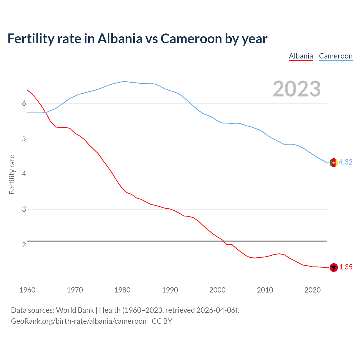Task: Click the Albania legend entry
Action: click(x=301, y=56)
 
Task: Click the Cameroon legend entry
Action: click(x=336, y=56)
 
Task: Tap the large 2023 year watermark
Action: click(x=296, y=89)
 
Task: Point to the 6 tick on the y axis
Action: click(x=24, y=103)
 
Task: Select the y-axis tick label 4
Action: click(x=24, y=174)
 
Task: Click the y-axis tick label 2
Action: click(x=24, y=245)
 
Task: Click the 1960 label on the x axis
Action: click(x=27, y=290)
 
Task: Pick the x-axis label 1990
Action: click(x=170, y=290)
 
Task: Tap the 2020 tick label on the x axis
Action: click(x=312, y=290)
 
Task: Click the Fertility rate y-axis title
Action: click(x=12, y=174)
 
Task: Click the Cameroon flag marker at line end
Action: click(x=334, y=163)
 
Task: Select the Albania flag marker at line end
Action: click(x=334, y=267)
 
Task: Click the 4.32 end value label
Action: click(x=346, y=162)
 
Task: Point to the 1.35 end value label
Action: click(x=346, y=267)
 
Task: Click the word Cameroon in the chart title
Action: click(x=191, y=39)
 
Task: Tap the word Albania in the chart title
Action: click(x=120, y=39)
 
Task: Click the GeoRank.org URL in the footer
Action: click(x=78, y=321)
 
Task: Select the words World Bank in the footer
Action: click(x=75, y=310)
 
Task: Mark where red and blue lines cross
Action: click(x=46, y=112)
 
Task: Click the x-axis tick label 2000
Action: click(x=217, y=290)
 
